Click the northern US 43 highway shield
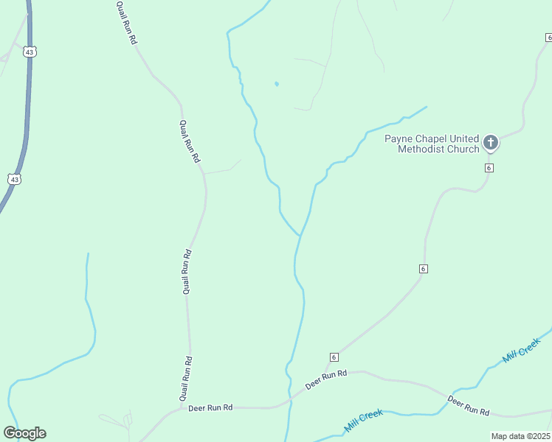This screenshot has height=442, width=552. [29, 52]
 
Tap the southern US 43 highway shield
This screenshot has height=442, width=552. [15, 179]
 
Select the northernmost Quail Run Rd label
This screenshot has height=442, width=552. [127, 23]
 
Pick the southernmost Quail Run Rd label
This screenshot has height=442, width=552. [187, 379]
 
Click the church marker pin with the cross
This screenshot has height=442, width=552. [491, 142]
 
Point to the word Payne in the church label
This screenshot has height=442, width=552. [400, 138]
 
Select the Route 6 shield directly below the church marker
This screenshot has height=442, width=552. [489, 168]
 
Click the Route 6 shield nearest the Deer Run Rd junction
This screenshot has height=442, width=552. [334, 357]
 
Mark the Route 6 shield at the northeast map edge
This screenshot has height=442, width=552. [548, 37]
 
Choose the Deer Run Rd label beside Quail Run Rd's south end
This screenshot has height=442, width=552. [210, 407]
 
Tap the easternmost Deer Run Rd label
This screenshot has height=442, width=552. [468, 406]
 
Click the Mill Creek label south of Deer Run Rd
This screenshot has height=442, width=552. [363, 421]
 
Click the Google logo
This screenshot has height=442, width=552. [24, 433]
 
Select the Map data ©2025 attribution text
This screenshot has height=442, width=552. [520, 436]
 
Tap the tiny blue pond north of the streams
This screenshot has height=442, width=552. [277, 84]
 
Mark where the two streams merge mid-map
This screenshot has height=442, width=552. [300, 235]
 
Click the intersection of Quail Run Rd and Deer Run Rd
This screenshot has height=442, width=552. [182, 407]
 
